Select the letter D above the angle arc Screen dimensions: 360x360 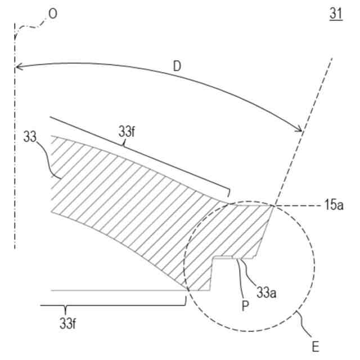(177, 67)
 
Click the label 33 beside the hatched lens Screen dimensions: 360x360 (31, 137)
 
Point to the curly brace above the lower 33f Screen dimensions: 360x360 (112, 306)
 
